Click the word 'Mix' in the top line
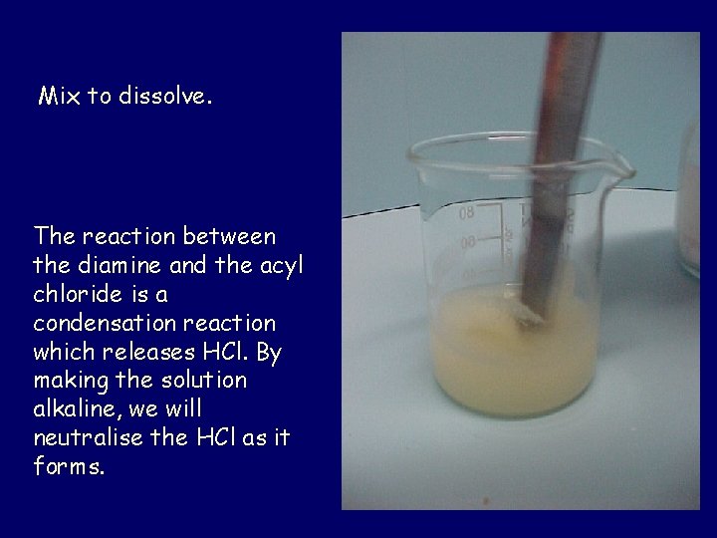click(x=57, y=97)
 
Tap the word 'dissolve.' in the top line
click(x=166, y=97)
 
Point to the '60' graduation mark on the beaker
click(x=466, y=242)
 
